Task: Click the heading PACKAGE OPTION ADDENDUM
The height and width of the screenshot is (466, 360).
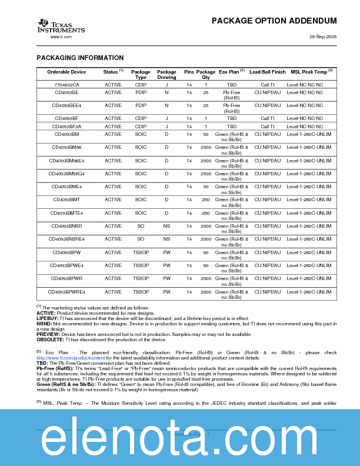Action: [x=274, y=21]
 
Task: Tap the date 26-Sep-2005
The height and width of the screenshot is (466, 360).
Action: [x=323, y=36]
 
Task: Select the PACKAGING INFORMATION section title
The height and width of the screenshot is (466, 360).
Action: [x=80, y=58]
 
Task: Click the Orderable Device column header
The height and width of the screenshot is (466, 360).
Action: [x=66, y=72]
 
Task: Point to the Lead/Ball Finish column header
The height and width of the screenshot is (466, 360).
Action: [x=268, y=72]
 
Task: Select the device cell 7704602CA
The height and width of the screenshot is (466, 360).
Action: [x=66, y=85]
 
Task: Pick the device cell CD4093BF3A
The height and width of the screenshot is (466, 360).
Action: [x=66, y=127]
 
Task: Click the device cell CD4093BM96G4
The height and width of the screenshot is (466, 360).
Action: [x=66, y=174]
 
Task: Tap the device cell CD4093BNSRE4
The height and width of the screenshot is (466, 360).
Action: [x=66, y=239]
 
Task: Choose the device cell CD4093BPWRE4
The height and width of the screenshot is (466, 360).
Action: [x=66, y=292]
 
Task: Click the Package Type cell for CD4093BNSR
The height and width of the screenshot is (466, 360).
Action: [x=141, y=226]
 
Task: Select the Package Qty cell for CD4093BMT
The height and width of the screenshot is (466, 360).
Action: [x=206, y=199]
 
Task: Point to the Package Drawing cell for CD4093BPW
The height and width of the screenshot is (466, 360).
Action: [x=166, y=252]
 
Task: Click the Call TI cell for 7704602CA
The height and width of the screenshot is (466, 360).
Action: [x=268, y=85]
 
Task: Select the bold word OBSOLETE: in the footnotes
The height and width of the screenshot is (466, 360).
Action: [x=50, y=339]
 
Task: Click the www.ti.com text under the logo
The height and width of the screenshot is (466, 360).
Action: [x=61, y=36]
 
